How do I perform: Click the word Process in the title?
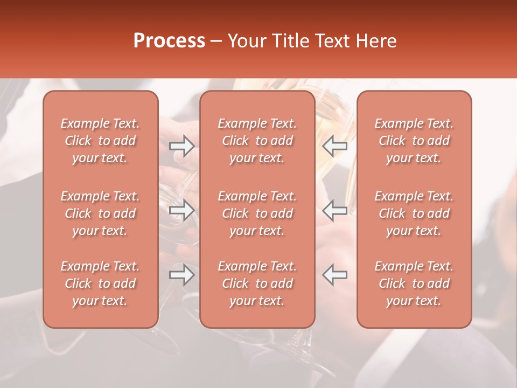[169, 41]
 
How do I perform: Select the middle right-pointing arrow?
[182, 210]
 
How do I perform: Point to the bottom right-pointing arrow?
[182, 275]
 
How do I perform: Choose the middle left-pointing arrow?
[335, 210]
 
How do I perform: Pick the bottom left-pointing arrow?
[335, 275]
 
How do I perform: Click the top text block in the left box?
[100, 141]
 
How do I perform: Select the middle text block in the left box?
[100, 213]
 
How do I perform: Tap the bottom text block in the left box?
[100, 283]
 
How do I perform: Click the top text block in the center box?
[257, 141]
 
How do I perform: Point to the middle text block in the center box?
[257, 213]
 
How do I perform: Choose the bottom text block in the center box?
[257, 283]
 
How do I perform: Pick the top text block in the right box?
[414, 141]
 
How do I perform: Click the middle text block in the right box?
[414, 213]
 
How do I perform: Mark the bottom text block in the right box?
[414, 283]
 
